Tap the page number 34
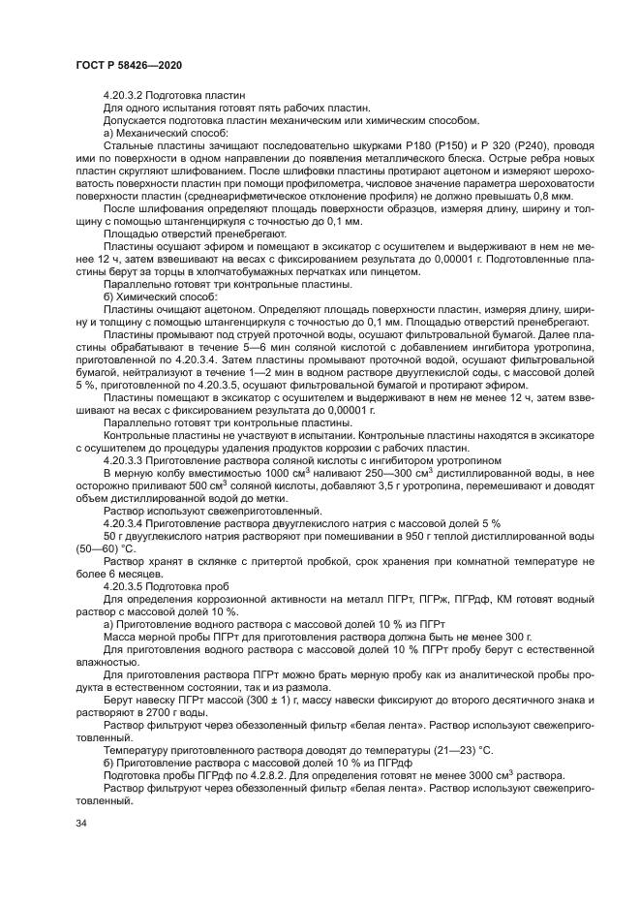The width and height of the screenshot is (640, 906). [x=81, y=822]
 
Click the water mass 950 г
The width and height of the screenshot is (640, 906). [x=391, y=535]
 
